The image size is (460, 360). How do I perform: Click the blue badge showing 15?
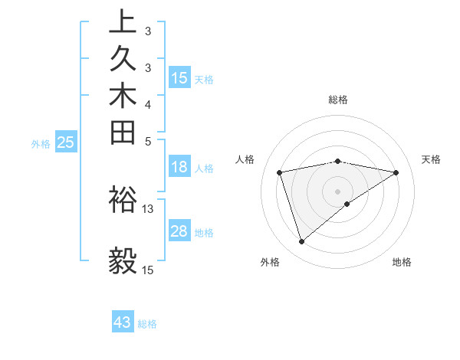(x=179, y=77)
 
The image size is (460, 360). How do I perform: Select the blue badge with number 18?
(x=179, y=168)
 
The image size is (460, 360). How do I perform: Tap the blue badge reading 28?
(x=179, y=231)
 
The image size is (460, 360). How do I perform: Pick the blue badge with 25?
(x=66, y=142)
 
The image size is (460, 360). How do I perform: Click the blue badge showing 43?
(x=123, y=322)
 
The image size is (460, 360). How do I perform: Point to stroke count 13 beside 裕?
(x=148, y=208)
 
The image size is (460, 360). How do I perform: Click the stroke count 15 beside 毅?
(x=148, y=270)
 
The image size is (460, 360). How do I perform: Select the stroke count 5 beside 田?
(x=148, y=140)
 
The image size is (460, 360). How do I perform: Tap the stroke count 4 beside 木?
(x=148, y=103)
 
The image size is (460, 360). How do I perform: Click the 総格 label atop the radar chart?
(x=338, y=100)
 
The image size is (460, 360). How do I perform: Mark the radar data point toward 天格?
(x=396, y=172)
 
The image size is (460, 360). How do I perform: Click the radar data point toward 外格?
(x=301, y=242)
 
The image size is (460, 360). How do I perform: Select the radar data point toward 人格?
(x=280, y=172)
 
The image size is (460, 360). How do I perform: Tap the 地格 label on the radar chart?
(x=402, y=263)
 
